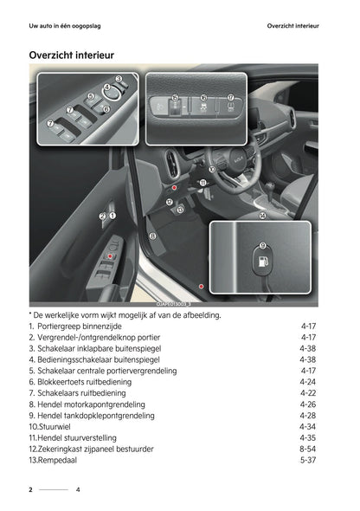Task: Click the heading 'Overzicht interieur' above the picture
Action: click(x=72, y=55)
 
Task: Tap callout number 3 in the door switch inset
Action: click(x=118, y=80)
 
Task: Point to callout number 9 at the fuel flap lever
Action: click(x=262, y=246)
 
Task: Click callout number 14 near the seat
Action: click(x=262, y=215)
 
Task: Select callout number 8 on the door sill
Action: click(x=152, y=235)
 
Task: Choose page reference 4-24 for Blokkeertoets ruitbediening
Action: click(x=308, y=381)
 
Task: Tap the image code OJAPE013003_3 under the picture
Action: click(x=173, y=304)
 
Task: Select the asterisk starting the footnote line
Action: click(x=30, y=314)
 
